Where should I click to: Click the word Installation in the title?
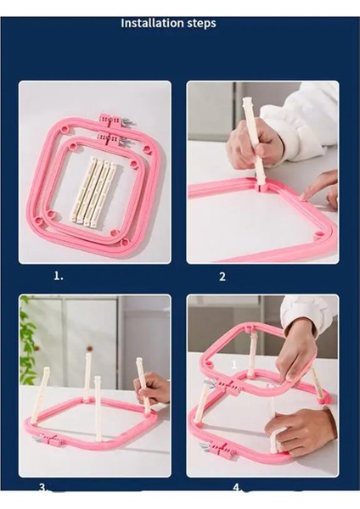point(152,23)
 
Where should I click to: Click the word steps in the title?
point(202,24)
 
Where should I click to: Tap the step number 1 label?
point(59,277)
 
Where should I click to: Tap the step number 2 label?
point(222,277)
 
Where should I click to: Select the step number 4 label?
point(237,488)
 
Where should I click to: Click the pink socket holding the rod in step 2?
point(262,187)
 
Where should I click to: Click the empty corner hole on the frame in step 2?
point(320,234)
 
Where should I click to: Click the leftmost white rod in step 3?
point(41,395)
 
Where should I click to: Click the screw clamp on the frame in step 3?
point(48,439)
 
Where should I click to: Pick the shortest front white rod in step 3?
point(98,408)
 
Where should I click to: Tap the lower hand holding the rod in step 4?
point(298,431)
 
